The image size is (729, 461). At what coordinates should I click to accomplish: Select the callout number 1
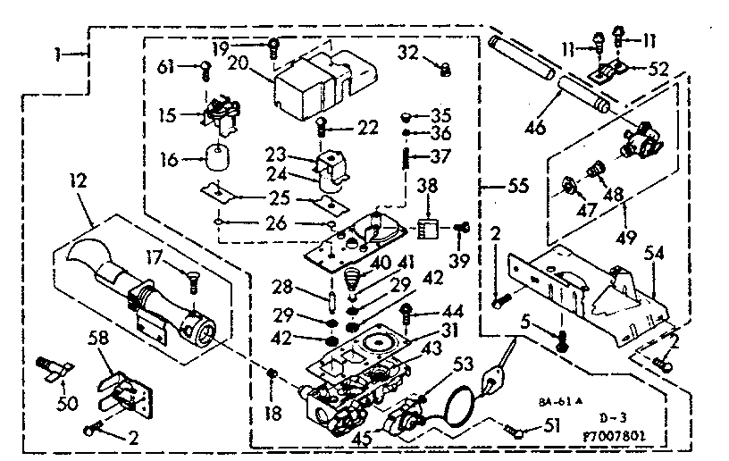coord(56,54)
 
